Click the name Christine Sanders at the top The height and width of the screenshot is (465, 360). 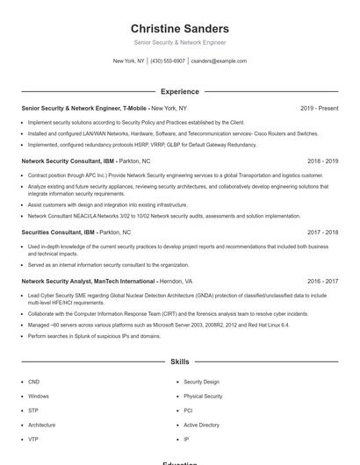(179, 28)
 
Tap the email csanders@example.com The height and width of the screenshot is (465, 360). (219, 61)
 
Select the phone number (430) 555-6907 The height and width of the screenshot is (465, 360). (168, 61)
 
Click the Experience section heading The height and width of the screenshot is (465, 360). (179, 91)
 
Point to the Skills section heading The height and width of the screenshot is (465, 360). (179, 361)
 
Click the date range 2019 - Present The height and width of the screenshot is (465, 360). (319, 108)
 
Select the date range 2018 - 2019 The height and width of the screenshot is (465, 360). (323, 161)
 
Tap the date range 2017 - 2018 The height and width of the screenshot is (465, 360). (323, 232)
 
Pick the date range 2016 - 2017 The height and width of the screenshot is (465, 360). (323, 281)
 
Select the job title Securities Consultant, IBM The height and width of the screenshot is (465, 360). (58, 232)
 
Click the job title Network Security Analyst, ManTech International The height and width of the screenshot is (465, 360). (89, 281)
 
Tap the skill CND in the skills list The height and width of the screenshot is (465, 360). (33, 382)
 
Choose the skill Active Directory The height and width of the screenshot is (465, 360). (201, 425)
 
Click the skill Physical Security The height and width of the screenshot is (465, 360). (203, 396)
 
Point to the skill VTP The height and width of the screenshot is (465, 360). (33, 439)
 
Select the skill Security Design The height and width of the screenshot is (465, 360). (201, 382)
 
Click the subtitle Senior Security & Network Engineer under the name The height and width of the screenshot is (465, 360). (179, 42)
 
